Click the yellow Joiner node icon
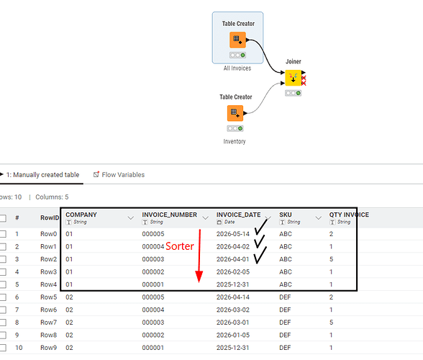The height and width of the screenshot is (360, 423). click(x=293, y=78)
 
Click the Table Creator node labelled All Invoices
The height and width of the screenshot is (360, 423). click(x=237, y=40)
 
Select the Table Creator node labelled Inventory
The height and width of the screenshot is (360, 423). click(x=235, y=113)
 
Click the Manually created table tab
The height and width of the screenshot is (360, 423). click(x=42, y=175)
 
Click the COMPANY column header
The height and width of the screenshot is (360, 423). click(x=81, y=215)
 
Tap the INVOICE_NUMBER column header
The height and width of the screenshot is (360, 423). click(x=170, y=215)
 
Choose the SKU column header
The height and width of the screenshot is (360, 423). click(x=286, y=215)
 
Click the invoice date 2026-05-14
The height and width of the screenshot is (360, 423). click(x=233, y=234)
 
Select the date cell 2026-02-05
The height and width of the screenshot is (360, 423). click(x=233, y=271)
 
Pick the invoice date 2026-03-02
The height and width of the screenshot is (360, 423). click(x=232, y=310)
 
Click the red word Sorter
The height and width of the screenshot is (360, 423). click(x=180, y=246)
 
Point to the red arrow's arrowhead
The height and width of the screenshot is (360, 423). click(x=199, y=276)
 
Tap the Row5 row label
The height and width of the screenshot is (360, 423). click(x=49, y=297)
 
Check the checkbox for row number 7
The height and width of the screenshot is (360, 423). click(x=3, y=310)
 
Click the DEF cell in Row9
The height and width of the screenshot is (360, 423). click(x=285, y=348)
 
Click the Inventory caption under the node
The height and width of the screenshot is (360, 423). click(x=235, y=142)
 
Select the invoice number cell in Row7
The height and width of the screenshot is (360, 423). click(x=153, y=323)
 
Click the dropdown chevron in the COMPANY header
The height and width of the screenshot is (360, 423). click(x=131, y=218)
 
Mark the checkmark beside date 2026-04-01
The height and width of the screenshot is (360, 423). click(x=260, y=255)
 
